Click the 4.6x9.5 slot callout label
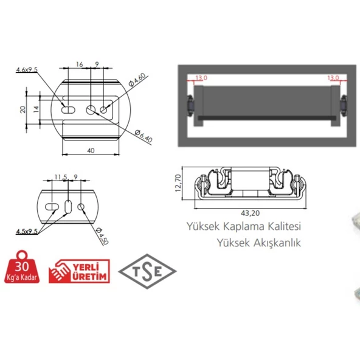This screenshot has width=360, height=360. click(x=27, y=69)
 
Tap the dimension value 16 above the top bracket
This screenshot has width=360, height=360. click(x=80, y=64)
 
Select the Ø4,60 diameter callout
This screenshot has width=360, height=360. click(x=137, y=80)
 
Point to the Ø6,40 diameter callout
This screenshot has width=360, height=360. click(x=144, y=136)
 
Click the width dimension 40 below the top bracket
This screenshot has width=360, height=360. click(x=91, y=150)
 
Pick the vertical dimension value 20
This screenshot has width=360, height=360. click(x=22, y=109)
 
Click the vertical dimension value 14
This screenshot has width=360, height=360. click(x=36, y=109)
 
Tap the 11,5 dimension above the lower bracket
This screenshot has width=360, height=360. click(x=61, y=177)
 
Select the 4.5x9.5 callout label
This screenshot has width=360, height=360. click(x=27, y=231)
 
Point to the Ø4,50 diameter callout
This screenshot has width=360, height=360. click(x=102, y=236)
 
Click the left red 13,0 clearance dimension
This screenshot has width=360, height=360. click(x=201, y=78)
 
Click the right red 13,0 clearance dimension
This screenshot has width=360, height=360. click(x=333, y=78)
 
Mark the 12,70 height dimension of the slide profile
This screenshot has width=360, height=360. click(x=178, y=183)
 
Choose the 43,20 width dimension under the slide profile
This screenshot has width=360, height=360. click(x=251, y=213)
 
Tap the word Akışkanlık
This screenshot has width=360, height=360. click(x=277, y=243)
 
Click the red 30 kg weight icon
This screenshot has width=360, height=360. click(x=22, y=267)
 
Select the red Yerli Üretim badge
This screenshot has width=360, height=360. click(x=80, y=271)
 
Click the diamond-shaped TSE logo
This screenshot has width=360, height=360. click(x=147, y=271)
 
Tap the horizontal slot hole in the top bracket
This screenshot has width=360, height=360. click(x=68, y=109)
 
